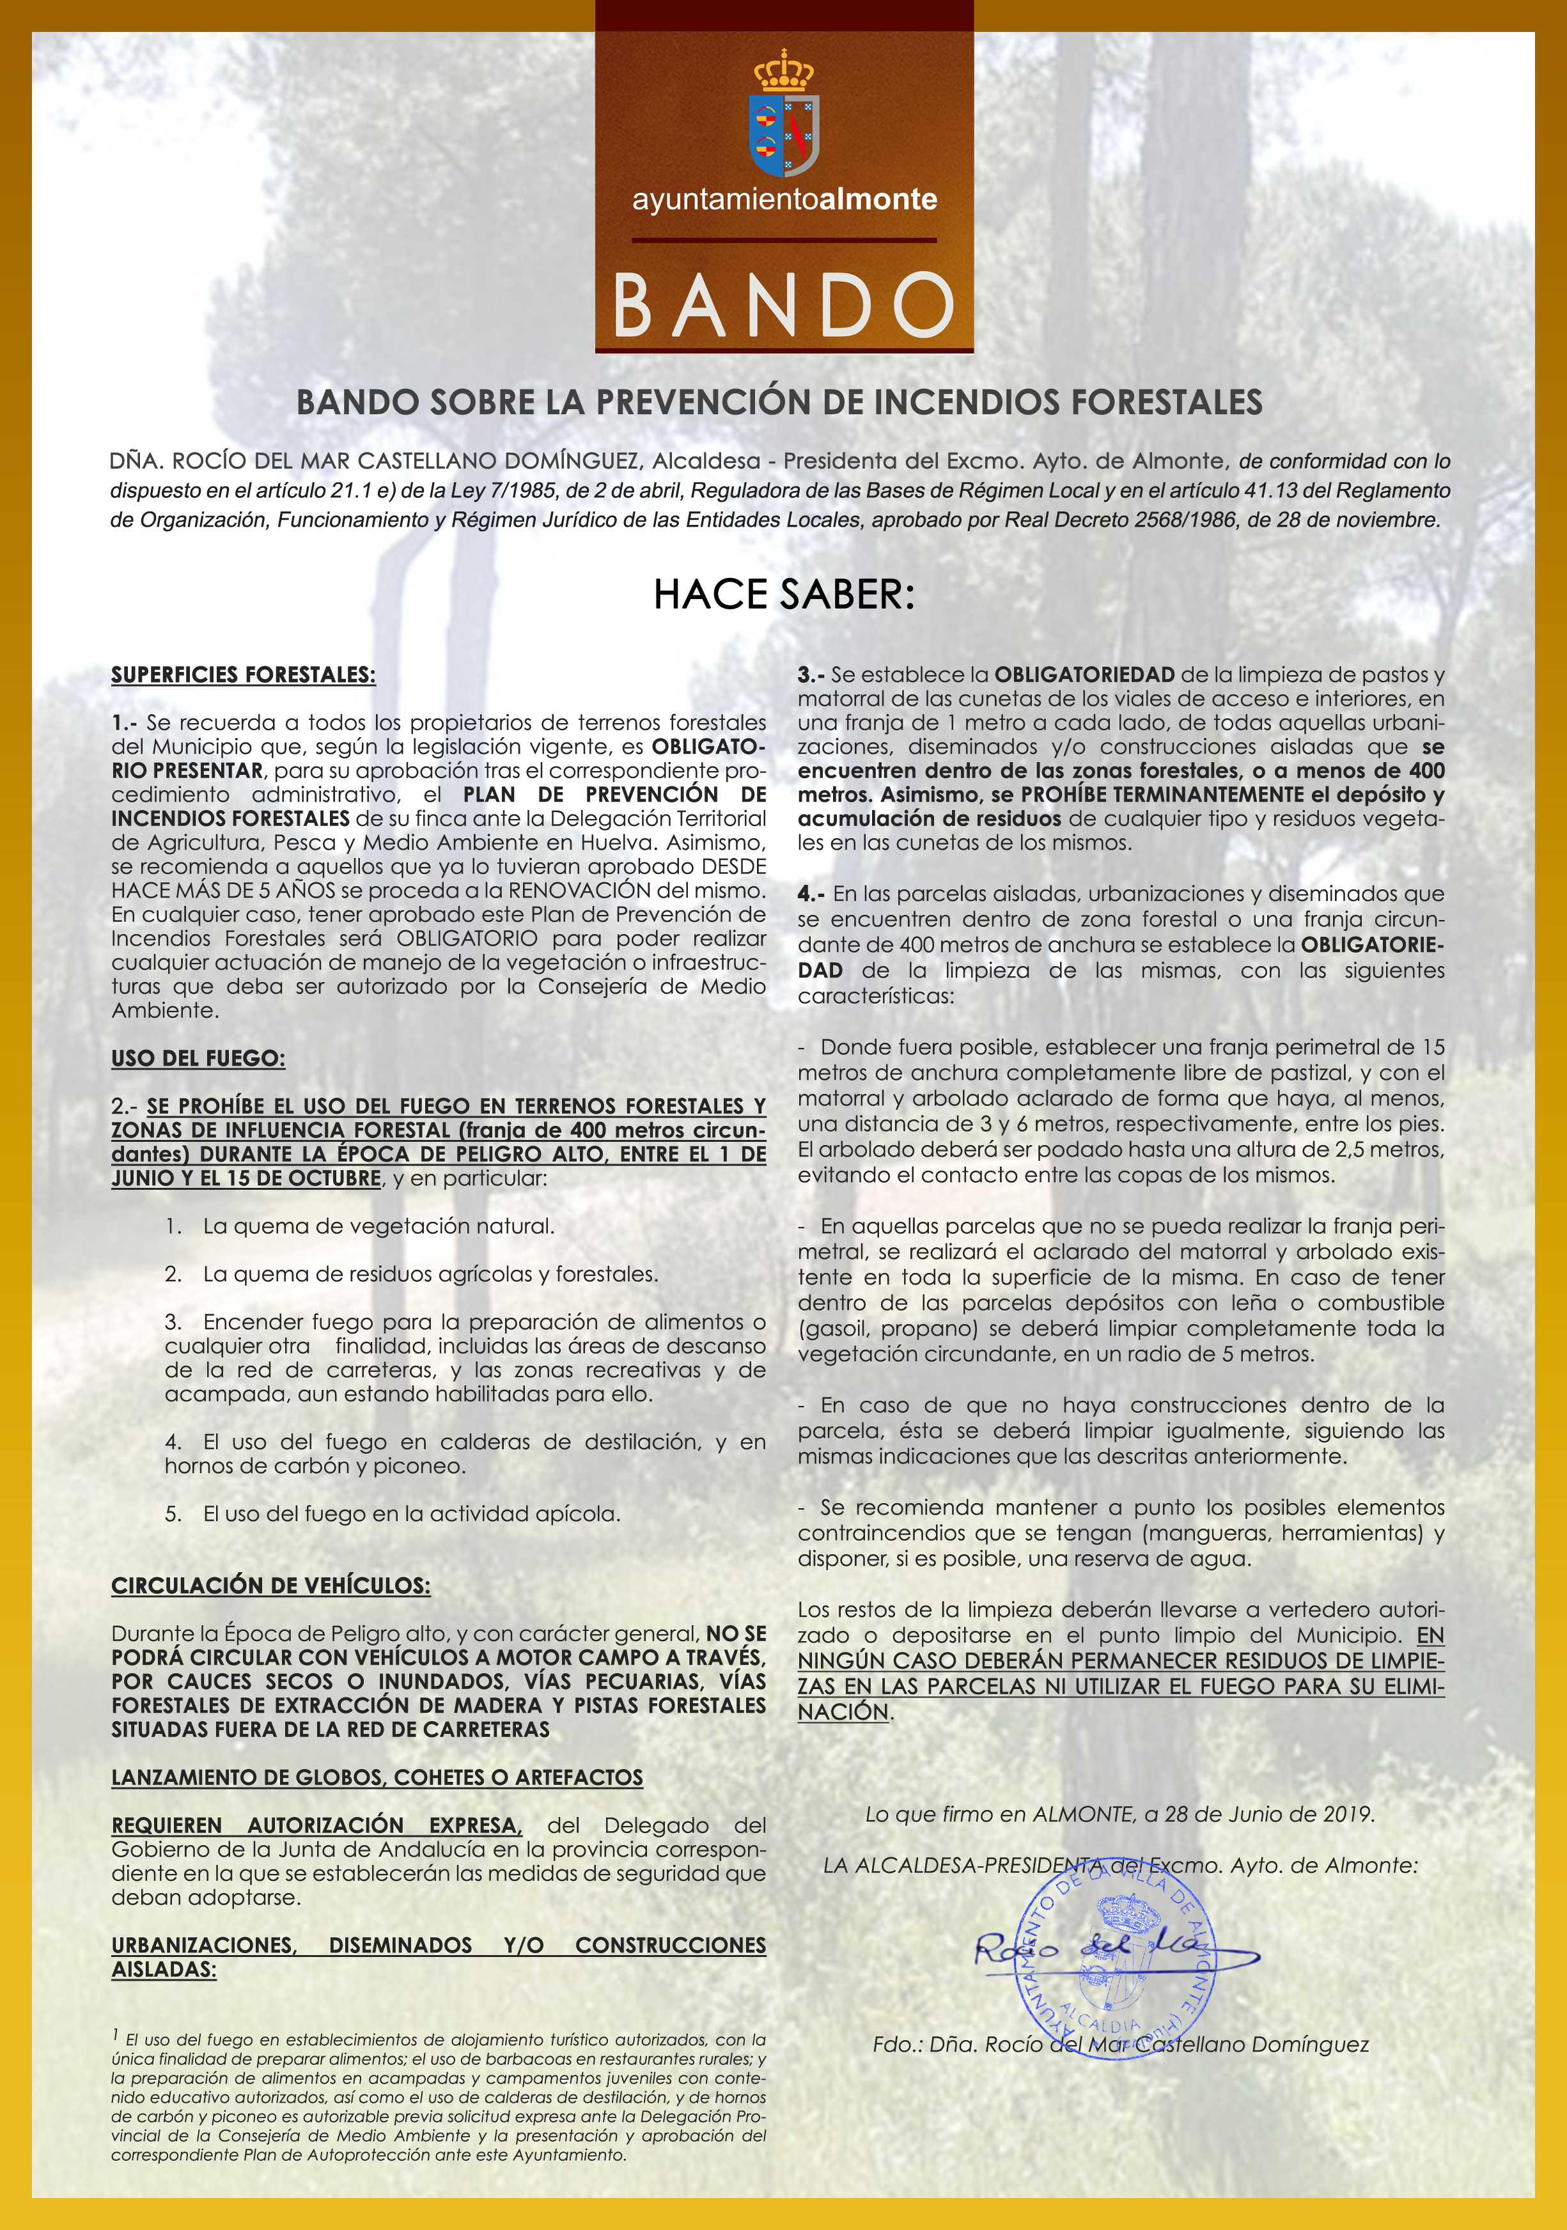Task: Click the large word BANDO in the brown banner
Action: [x=783, y=304]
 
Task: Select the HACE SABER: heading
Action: [x=784, y=595]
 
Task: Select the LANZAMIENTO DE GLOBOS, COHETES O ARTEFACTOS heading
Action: [x=377, y=1777]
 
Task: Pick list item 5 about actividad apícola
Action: [x=393, y=1513]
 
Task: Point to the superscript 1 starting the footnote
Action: [x=116, y=2034]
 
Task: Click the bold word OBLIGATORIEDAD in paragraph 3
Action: [x=1084, y=674]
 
